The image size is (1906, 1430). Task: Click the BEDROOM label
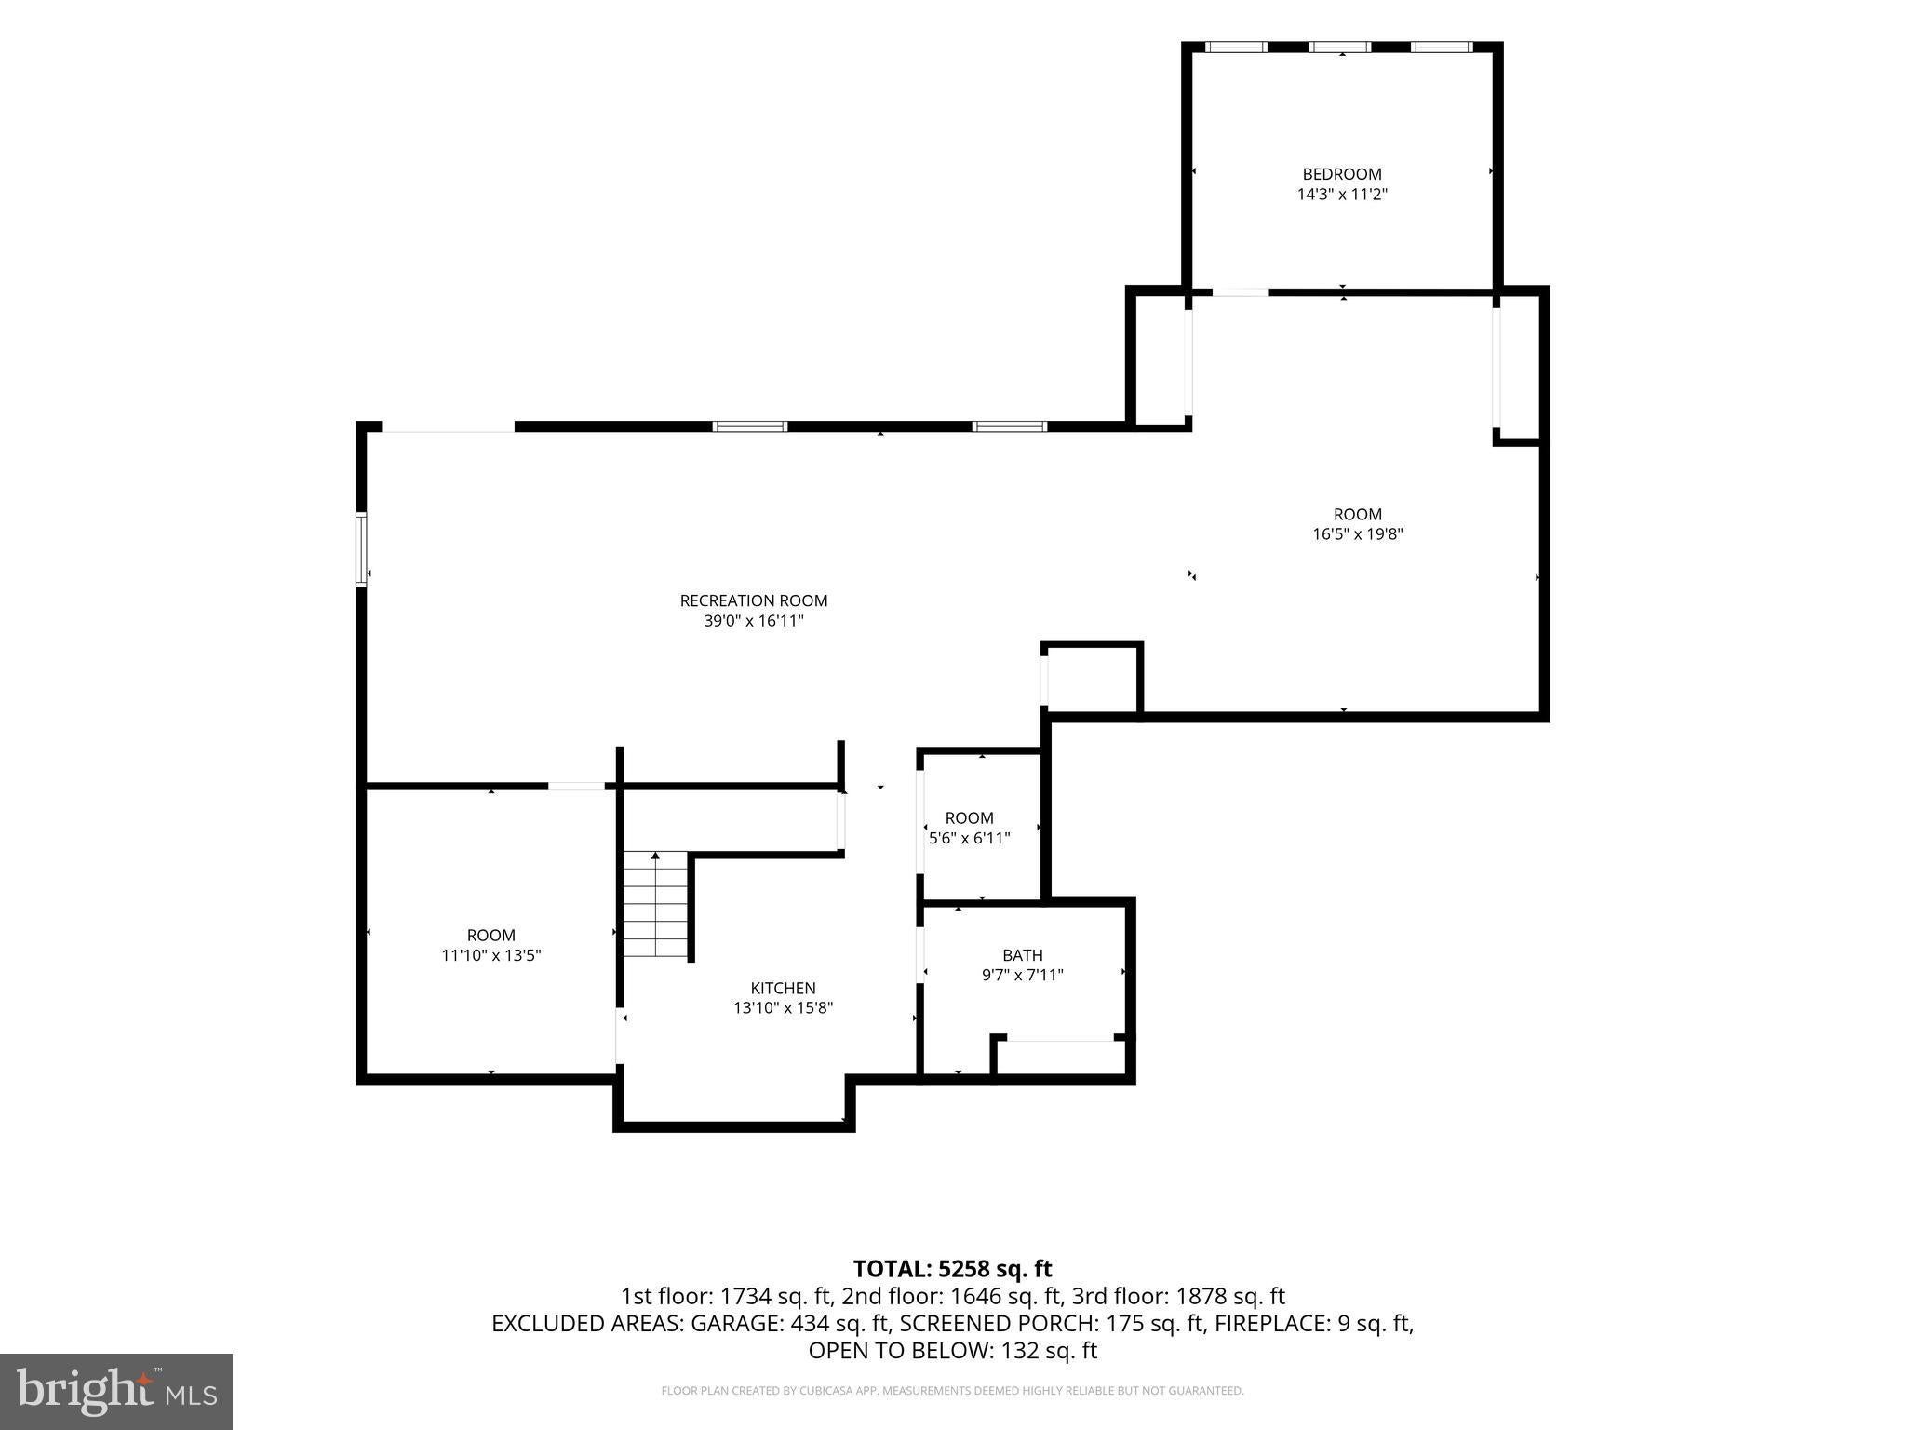(x=1342, y=174)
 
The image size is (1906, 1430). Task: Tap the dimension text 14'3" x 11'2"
(x=1342, y=195)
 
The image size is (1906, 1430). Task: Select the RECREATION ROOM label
(x=754, y=600)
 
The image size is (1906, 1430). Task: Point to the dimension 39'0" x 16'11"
(x=754, y=621)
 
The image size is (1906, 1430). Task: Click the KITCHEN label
(x=784, y=988)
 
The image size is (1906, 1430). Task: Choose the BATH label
(x=1023, y=955)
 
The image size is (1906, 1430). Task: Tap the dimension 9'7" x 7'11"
(x=1023, y=975)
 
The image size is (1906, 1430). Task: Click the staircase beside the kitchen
(x=656, y=904)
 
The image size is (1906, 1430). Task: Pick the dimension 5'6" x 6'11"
(x=970, y=838)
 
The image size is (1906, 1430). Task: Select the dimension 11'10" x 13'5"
(x=491, y=955)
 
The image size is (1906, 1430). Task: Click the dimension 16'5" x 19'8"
(x=1358, y=534)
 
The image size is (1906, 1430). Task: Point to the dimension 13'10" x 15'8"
(x=784, y=1007)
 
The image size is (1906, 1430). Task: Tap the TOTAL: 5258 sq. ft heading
(x=953, y=1269)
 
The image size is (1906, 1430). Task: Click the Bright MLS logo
(x=116, y=1391)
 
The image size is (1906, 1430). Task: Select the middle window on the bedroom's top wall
(x=1339, y=47)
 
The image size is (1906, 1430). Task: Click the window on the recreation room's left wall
(x=361, y=549)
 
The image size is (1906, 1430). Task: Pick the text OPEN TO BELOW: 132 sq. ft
(x=953, y=1350)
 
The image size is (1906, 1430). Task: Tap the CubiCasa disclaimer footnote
(x=952, y=1391)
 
